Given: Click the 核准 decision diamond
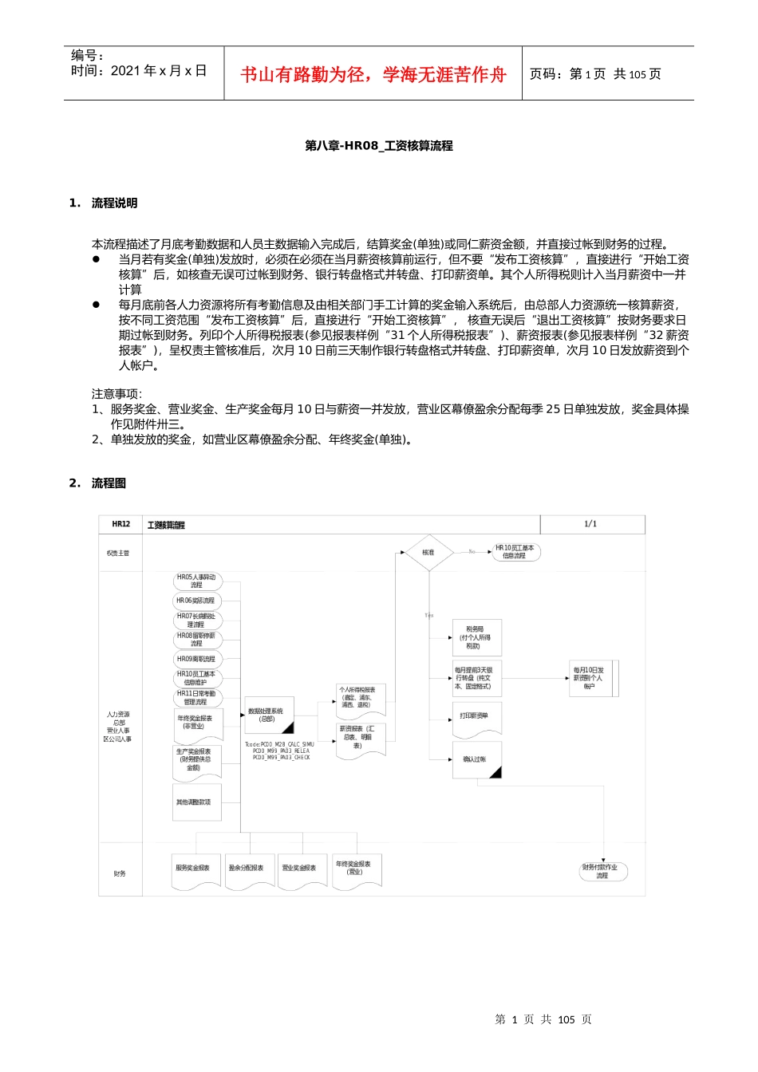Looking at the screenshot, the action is point(428,552).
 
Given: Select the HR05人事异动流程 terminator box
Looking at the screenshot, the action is point(196,581).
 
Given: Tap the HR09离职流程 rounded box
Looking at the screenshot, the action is point(196,659).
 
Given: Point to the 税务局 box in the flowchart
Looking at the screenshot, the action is point(477,637).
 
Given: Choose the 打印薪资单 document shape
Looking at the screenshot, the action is point(476,717).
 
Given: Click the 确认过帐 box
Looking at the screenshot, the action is point(476,759).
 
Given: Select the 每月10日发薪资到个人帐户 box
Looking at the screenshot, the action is point(590,678).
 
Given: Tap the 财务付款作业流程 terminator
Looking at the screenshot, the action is point(602,871).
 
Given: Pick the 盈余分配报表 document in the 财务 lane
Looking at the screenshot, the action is point(247,869).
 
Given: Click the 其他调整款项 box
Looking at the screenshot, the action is point(195,802).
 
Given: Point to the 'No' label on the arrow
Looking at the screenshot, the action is point(472,551).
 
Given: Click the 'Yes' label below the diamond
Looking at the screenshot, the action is point(429,615).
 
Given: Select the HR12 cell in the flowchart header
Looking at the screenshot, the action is point(120,524).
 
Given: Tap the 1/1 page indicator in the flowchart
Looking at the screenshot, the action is point(590,524).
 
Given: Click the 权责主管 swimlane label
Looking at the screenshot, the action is point(118,553).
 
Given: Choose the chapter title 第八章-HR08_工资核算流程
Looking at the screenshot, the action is point(379,146).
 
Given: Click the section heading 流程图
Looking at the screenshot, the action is point(109,483).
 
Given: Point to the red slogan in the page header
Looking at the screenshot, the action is point(373,74).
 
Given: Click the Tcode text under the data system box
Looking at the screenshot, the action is point(279,751).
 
